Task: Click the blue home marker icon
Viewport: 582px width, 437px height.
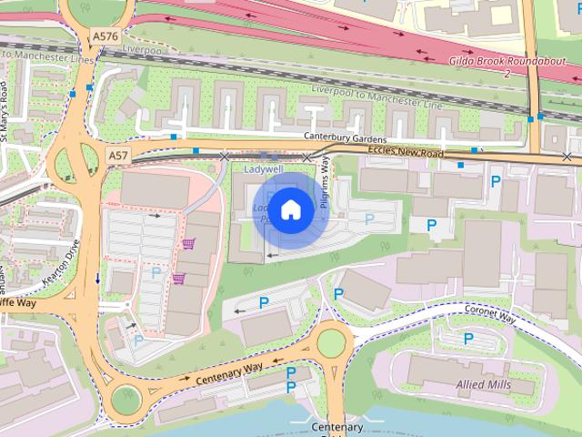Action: point(290,209)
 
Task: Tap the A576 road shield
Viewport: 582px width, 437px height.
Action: point(105,36)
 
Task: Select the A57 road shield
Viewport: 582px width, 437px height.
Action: point(118,157)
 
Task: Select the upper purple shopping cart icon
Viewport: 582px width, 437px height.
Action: point(189,244)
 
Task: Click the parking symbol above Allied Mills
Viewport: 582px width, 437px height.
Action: point(469,339)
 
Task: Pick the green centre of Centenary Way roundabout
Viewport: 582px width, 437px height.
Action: point(331,343)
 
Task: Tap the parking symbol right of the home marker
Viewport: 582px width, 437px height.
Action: point(369,218)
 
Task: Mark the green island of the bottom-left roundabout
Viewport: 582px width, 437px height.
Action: point(124,398)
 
